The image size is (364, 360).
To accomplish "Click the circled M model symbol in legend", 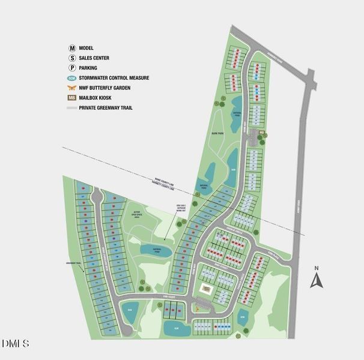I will click(x=72, y=47).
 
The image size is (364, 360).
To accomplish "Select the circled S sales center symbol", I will click(x=72, y=58).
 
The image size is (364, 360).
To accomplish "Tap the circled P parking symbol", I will click(x=72, y=68).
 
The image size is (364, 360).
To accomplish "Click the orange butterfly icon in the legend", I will click(x=72, y=88).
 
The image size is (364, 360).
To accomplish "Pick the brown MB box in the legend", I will click(x=72, y=98).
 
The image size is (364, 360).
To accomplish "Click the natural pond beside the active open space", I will click(x=156, y=248).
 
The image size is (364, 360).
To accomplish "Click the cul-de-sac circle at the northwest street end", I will click(x=96, y=195).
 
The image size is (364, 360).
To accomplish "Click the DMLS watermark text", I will click(x=16, y=343).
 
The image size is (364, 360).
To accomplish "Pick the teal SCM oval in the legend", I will click(x=72, y=78).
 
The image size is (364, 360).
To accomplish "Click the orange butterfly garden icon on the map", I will click(x=198, y=309).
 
